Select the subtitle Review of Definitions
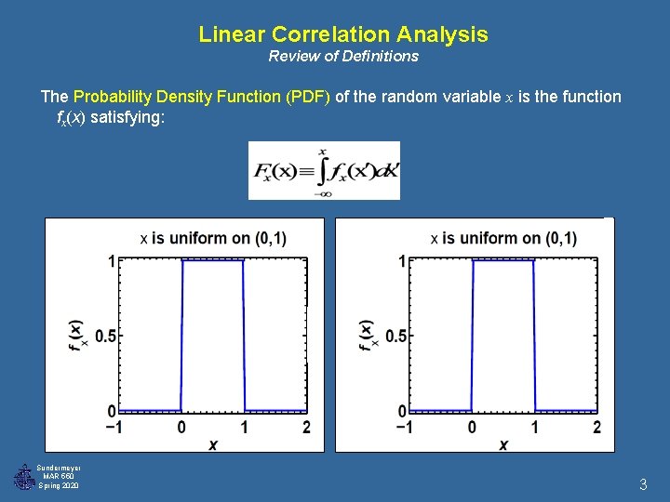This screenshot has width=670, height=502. [x=343, y=56]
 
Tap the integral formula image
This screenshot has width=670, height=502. [x=324, y=170]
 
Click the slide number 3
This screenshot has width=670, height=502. [x=642, y=484]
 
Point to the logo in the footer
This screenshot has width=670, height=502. [x=23, y=477]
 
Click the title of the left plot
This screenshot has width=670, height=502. [x=213, y=239]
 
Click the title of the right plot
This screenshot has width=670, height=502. [x=503, y=239]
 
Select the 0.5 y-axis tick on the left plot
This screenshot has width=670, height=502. [x=105, y=336]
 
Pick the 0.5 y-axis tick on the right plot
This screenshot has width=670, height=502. [x=395, y=336]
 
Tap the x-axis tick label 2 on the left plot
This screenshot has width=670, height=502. [x=306, y=427]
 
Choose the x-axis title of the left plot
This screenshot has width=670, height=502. [x=213, y=444]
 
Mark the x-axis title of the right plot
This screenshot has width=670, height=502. [x=503, y=444]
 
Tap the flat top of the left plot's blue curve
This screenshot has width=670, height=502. [x=213, y=261]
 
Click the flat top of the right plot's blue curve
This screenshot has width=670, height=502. [x=503, y=261]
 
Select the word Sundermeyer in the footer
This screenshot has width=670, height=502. [x=59, y=468]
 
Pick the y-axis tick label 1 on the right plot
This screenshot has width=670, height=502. [x=403, y=261]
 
